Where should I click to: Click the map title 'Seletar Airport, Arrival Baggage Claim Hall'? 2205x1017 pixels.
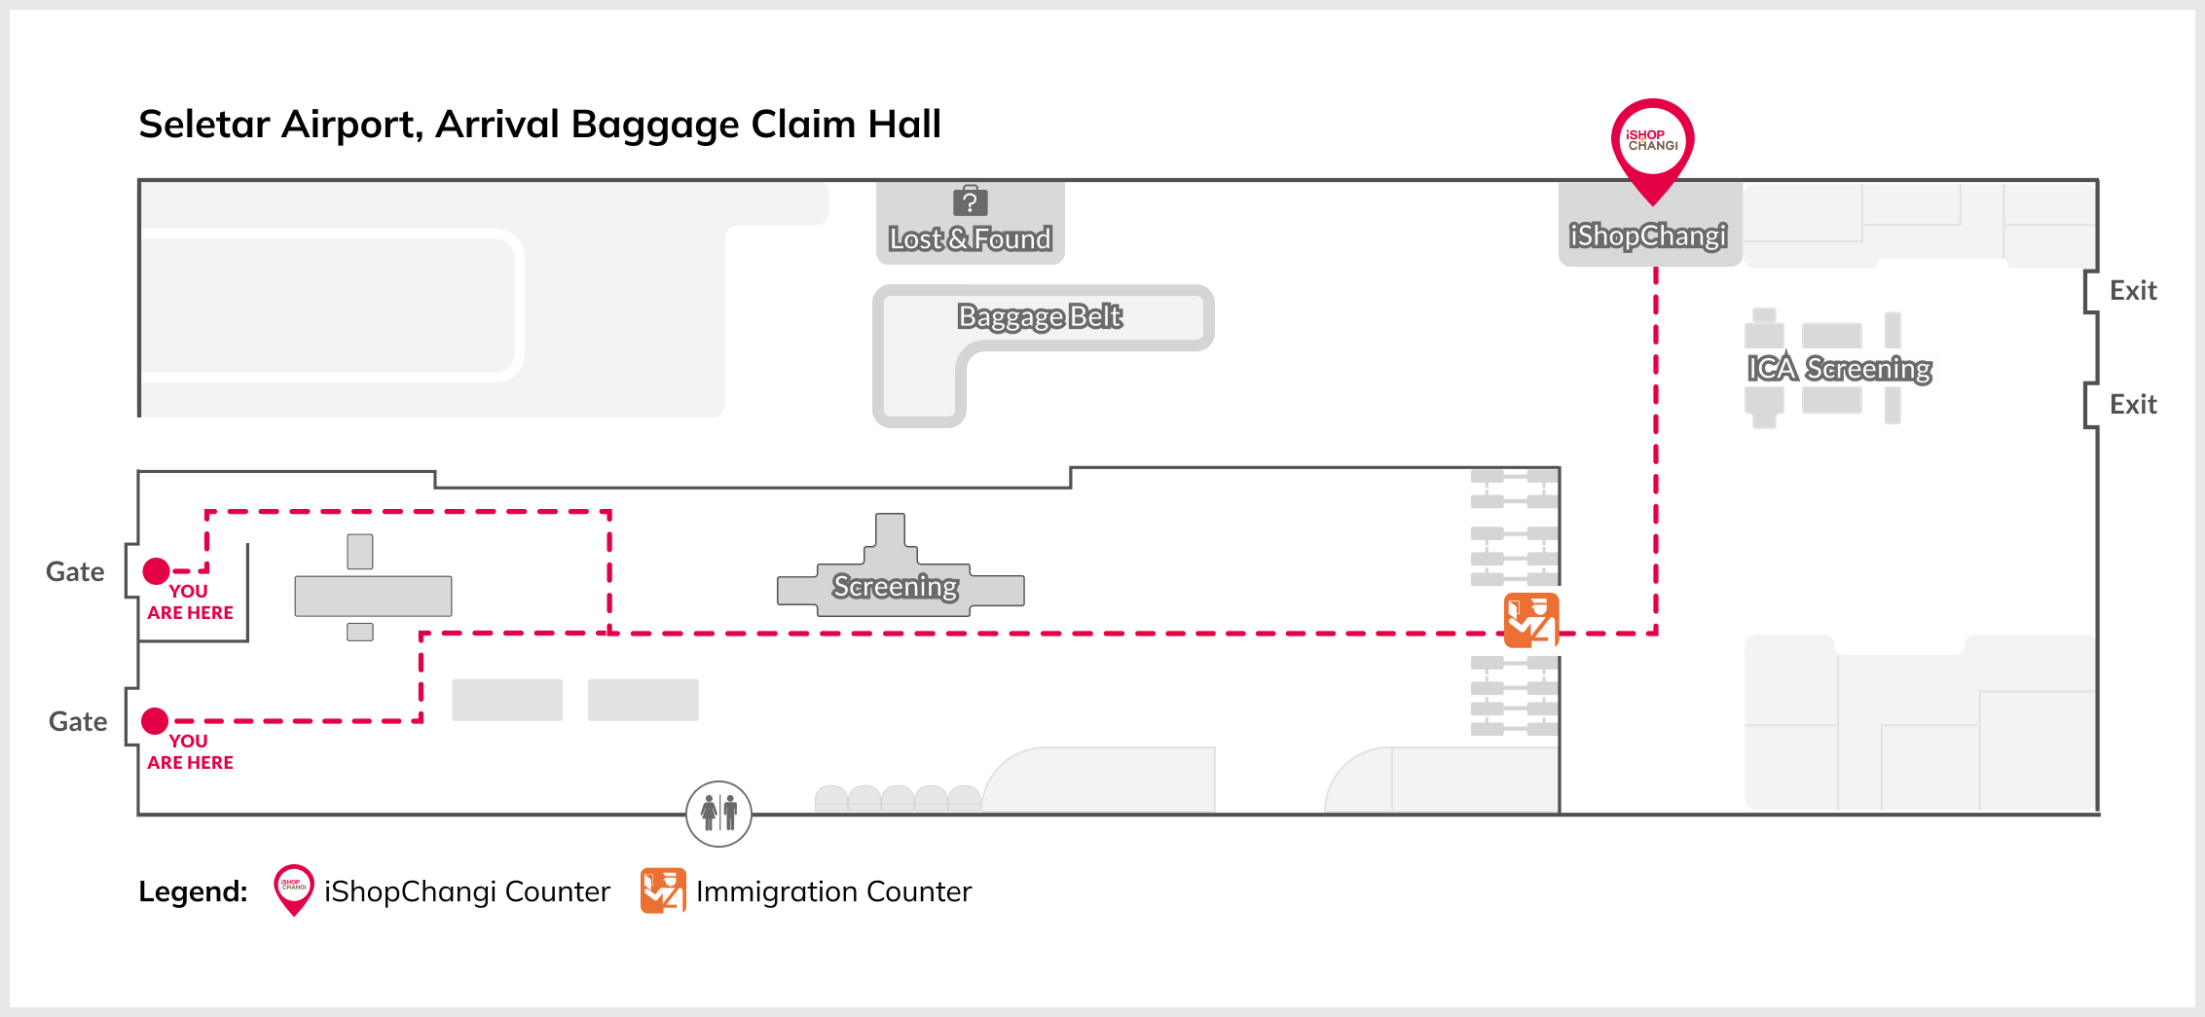pos(539,125)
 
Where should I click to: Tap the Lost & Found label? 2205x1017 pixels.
pos(970,238)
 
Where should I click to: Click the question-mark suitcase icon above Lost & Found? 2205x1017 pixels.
pos(970,201)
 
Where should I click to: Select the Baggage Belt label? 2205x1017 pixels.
pos(1040,316)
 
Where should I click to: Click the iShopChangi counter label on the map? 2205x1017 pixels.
pos(1648,236)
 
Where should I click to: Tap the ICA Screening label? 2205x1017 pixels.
pos(1839,368)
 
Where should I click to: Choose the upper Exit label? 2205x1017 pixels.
pos(2133,290)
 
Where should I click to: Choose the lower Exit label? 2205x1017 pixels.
pos(2133,404)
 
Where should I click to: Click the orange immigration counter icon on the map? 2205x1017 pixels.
pos(1531,620)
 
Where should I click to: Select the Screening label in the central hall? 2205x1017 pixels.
pos(895,586)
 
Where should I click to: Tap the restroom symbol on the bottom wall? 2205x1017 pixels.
pos(718,814)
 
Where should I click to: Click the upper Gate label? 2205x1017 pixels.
pos(75,571)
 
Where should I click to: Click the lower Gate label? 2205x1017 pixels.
pos(78,721)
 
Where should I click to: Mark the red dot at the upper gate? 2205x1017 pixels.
pos(156,570)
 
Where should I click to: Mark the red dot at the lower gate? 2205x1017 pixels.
pos(155,720)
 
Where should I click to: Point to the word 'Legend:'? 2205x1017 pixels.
pos(193,891)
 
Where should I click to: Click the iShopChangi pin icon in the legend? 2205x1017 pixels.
pos(293,889)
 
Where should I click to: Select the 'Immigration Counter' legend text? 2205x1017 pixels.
pos(833,891)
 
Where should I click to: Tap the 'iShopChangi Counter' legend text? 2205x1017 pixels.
pos(466,891)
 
